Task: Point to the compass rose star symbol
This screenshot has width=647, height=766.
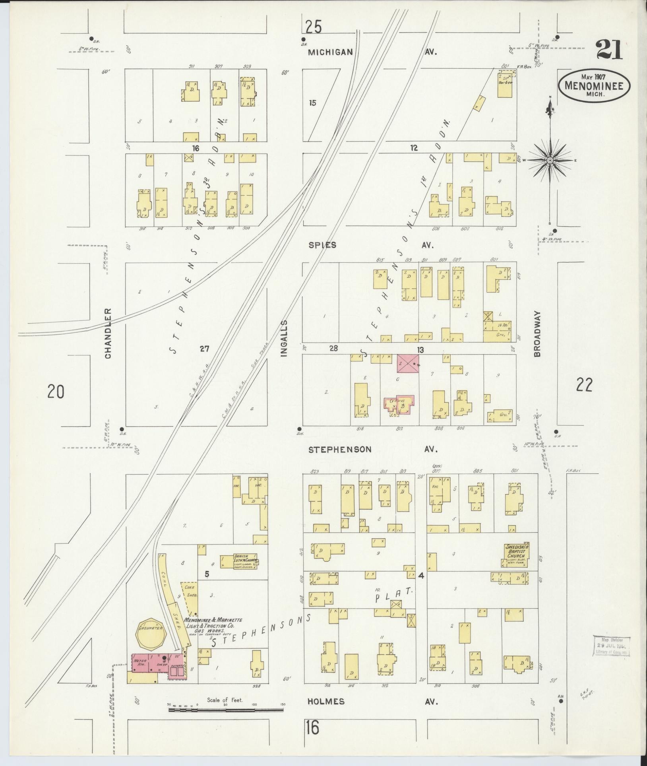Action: point(550,160)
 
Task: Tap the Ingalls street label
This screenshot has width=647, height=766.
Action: point(283,334)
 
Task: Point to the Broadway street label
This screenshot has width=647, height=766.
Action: point(537,334)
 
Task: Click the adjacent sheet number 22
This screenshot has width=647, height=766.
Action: point(584,385)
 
